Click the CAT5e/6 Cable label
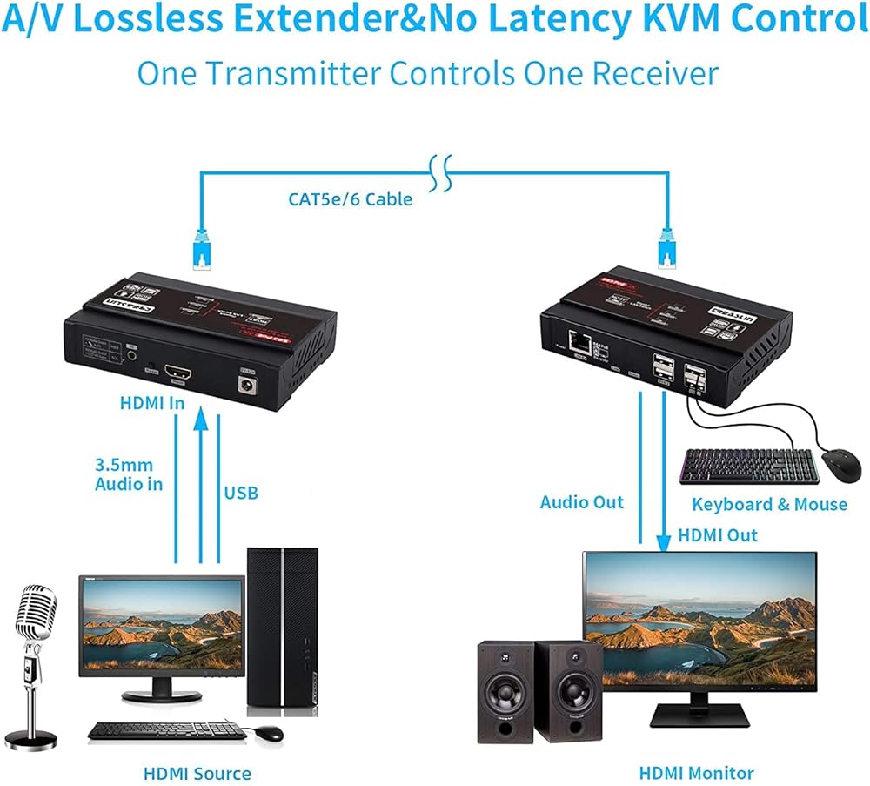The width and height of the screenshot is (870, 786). pyautogui.click(x=351, y=199)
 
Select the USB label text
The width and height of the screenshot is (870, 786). pyautogui.click(x=241, y=494)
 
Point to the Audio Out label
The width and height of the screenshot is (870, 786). pyautogui.click(x=582, y=502)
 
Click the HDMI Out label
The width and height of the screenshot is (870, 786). pyautogui.click(x=716, y=535)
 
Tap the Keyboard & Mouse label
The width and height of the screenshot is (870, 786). pyautogui.click(x=769, y=504)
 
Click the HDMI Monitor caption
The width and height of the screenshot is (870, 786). pyautogui.click(x=697, y=772)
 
